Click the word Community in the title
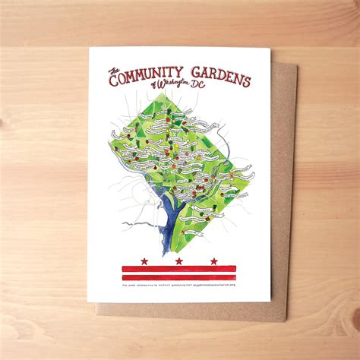153,75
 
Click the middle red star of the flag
179,261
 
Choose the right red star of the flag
214,261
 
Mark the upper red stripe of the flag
179,268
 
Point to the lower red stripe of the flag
179,277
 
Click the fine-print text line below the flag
179,286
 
